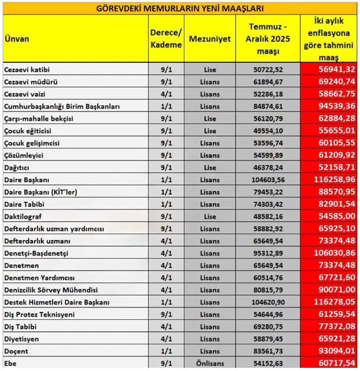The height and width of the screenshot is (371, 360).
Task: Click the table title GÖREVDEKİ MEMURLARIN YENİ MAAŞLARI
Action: click(180, 9)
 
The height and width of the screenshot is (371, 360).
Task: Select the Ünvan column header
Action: click(17, 38)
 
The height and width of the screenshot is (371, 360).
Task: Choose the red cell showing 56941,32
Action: click(330, 70)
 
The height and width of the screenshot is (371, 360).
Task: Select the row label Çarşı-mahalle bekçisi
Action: click(38, 118)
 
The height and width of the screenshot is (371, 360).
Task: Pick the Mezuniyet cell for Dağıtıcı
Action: click(210, 167)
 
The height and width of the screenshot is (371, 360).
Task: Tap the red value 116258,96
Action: click(329, 180)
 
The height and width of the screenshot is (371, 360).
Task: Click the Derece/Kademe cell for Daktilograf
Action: click(166, 216)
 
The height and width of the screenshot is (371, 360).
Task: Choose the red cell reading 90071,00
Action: click(330, 290)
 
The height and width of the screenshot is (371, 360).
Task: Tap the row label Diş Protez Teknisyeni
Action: click(40, 314)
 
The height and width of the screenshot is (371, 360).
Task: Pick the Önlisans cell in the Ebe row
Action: click(210, 364)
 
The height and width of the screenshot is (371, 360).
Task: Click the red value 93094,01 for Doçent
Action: click(330, 351)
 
